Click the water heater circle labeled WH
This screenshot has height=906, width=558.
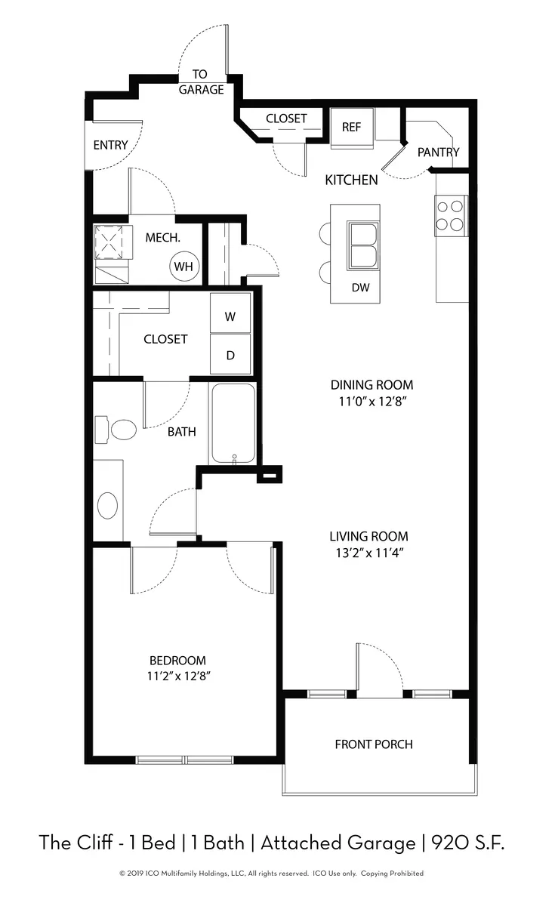click(x=184, y=266)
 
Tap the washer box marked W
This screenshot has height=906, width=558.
click(x=230, y=313)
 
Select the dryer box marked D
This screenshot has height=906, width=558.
click(x=230, y=354)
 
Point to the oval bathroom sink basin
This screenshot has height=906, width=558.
click(x=108, y=505)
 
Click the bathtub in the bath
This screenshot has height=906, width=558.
click(x=234, y=423)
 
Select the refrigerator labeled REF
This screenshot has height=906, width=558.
click(x=352, y=128)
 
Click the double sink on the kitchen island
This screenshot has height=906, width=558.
click(x=363, y=245)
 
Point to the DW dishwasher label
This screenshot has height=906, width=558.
click(x=360, y=288)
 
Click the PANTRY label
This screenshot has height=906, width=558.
click(x=438, y=152)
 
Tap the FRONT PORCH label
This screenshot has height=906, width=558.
click(x=374, y=744)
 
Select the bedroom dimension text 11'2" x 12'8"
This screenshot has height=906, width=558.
click(x=178, y=676)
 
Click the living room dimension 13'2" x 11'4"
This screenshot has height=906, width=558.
click(x=369, y=553)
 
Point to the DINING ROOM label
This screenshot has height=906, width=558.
click(x=371, y=384)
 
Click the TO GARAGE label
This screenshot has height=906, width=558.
click(x=201, y=82)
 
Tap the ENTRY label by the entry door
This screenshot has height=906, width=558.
click(x=110, y=145)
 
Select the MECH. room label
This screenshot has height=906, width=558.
click(x=162, y=237)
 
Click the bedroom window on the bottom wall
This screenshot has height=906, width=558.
click(x=184, y=760)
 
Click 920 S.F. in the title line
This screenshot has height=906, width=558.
click(x=467, y=843)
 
